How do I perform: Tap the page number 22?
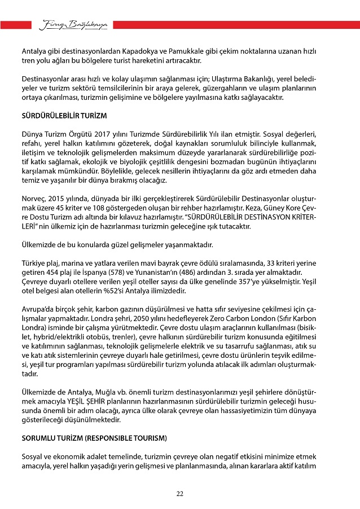pyautogui.click(x=179, y=493)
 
